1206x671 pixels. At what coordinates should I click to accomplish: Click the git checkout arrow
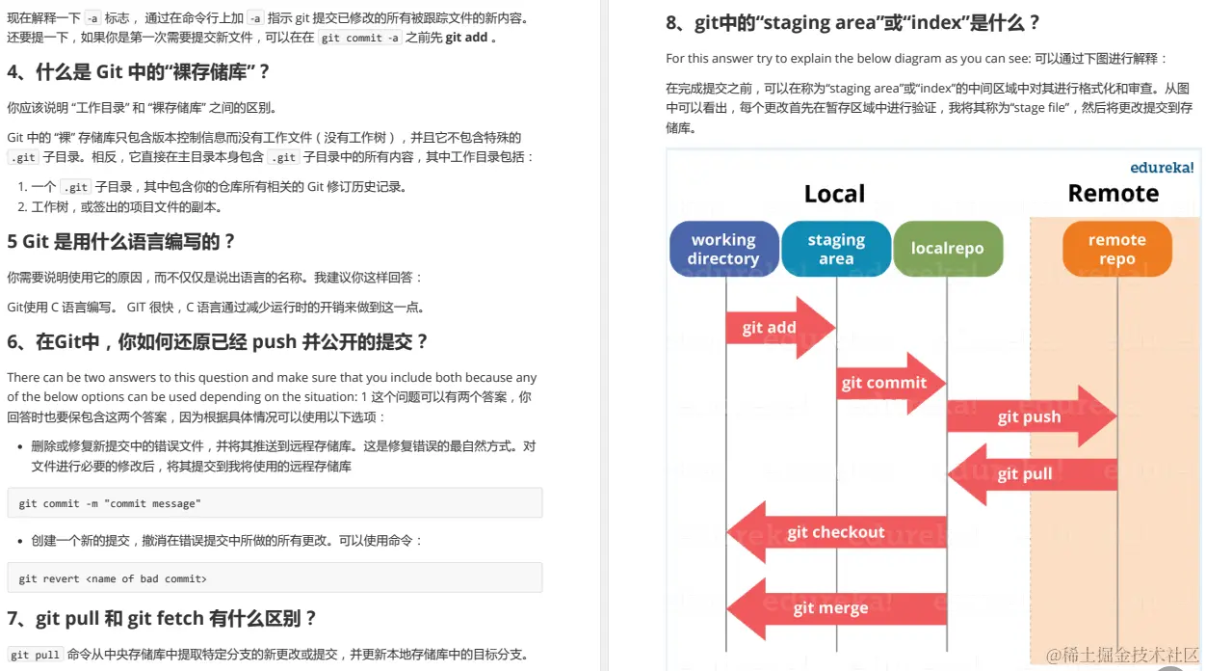835,532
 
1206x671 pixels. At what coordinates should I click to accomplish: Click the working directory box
723,249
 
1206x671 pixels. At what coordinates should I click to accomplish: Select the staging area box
836,249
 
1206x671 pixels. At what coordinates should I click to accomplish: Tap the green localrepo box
948,249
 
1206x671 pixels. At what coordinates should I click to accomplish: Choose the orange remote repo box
1117,249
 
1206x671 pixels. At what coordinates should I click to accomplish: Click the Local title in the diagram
834,194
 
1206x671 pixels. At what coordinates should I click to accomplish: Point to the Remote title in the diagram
1113,194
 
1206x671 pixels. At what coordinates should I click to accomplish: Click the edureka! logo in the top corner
1161,167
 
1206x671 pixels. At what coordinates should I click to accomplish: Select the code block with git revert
275,578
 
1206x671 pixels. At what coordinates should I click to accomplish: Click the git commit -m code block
275,503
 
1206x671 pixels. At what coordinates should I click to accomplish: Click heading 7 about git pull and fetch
162,619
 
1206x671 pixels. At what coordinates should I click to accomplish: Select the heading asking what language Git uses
121,242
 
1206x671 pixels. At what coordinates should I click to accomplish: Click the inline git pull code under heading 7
35,655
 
